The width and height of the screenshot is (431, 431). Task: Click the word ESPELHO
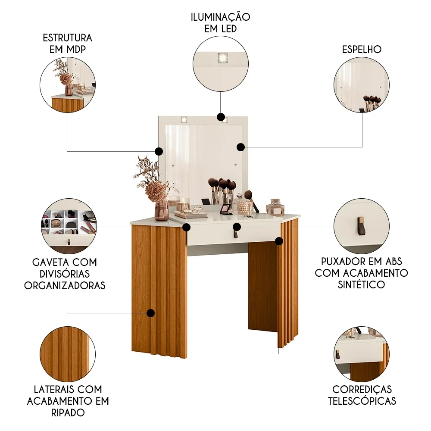click(362, 49)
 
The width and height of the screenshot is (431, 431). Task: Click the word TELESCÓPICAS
click(362, 401)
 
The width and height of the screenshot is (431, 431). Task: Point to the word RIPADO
click(68, 412)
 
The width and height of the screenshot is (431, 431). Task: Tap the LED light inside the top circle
click(222, 57)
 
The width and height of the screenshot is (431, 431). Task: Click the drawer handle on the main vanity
click(236, 234)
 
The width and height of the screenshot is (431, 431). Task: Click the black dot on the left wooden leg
click(150, 313)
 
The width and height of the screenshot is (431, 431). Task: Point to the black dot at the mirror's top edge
click(221, 117)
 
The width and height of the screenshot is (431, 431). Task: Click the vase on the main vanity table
click(162, 209)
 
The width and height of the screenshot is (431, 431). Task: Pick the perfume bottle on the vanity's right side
click(275, 207)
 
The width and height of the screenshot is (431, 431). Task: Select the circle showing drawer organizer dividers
click(68, 226)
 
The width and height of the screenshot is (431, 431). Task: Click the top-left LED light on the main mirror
click(184, 120)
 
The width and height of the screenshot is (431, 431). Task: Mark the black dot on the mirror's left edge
click(159, 151)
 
